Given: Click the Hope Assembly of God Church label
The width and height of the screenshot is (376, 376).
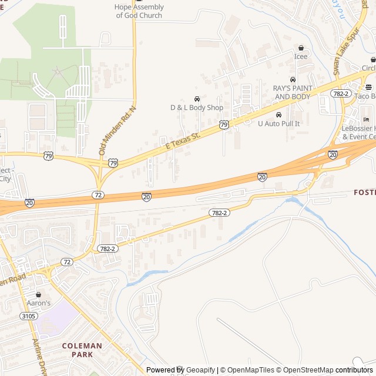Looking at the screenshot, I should click(139, 11).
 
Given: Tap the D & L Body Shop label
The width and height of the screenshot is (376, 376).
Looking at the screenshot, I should click(197, 108).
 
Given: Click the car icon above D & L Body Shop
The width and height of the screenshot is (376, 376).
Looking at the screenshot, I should click(197, 99).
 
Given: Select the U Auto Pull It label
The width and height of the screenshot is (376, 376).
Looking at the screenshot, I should click(279, 123).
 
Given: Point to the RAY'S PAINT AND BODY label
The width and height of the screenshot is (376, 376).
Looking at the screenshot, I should click(293, 92).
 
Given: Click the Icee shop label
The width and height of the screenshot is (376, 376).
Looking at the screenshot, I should click(301, 56).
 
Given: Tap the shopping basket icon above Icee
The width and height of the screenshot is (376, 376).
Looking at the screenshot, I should click(301, 48).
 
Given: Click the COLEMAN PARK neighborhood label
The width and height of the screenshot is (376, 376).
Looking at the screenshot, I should click(82, 350).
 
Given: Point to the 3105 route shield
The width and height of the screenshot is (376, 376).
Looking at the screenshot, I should click(28, 316).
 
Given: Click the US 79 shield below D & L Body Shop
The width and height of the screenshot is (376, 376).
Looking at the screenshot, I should click(224, 125).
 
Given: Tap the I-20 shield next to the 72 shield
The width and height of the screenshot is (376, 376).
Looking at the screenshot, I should click(146, 197).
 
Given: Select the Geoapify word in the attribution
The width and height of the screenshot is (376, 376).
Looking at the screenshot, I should click(200, 370).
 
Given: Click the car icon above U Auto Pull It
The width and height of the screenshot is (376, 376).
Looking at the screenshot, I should click(278, 115).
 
